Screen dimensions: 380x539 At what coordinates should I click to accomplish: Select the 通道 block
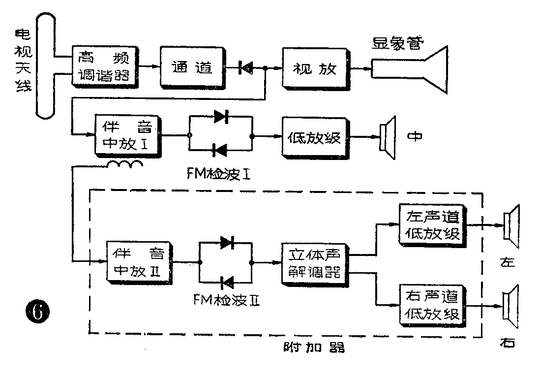(x=191, y=66)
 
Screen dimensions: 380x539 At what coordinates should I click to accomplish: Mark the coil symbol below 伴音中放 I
(x=126, y=164)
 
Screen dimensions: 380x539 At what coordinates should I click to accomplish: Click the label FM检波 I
(x=220, y=173)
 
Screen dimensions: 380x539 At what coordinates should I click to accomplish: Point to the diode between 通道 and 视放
(x=244, y=68)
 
